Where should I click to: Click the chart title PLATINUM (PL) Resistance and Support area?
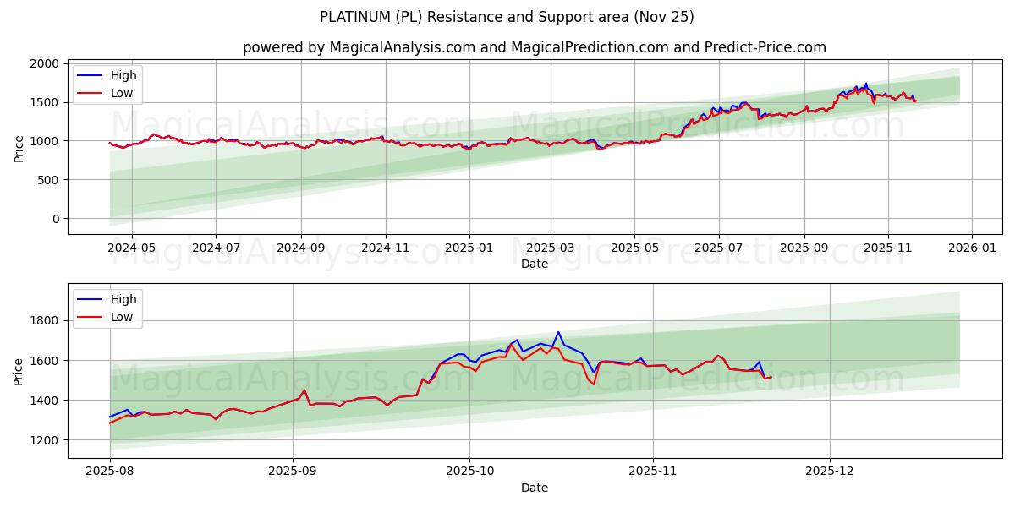(507, 17)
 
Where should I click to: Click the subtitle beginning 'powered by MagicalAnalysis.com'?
(534, 47)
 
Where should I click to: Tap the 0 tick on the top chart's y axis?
(55, 219)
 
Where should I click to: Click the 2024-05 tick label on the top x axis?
(131, 248)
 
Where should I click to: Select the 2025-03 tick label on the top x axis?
(551, 248)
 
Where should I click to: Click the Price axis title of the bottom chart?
(19, 370)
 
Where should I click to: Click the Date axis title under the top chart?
(534, 264)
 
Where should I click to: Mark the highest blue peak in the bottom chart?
(558, 332)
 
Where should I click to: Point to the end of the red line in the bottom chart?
(771, 377)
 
